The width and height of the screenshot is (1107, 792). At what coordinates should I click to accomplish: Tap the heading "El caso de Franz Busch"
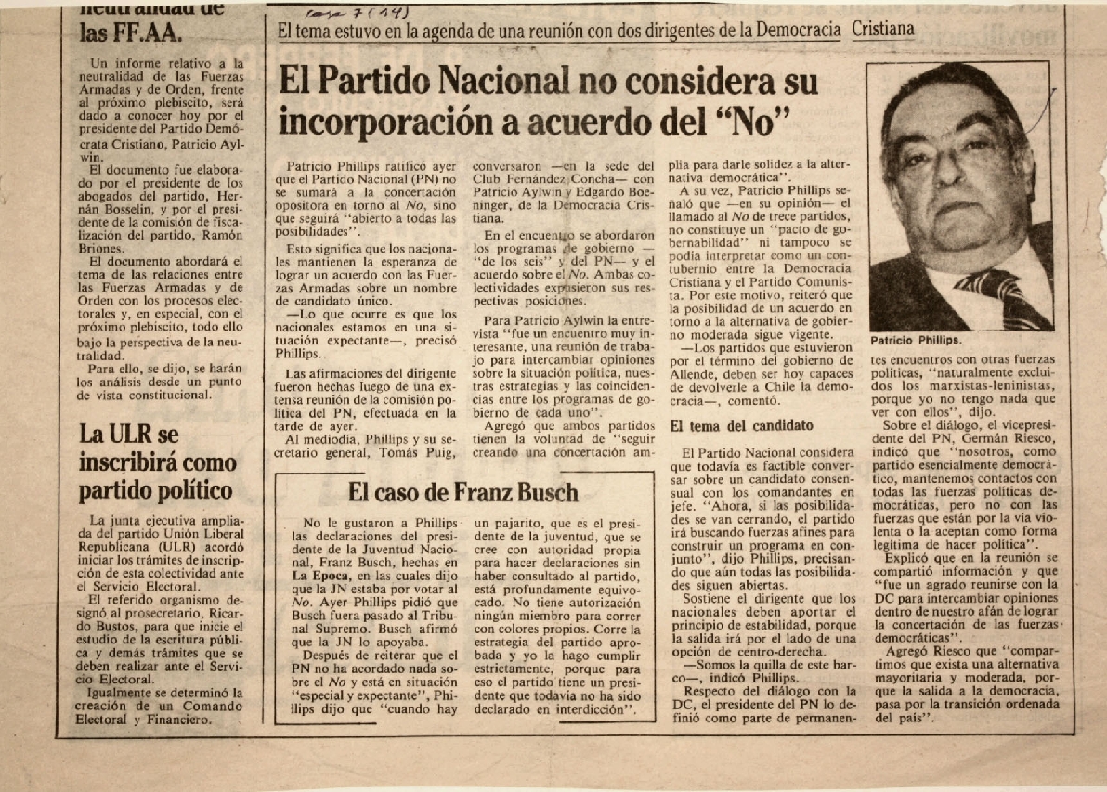tap(462, 492)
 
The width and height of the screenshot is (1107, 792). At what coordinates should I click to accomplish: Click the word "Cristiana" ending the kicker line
tap(882, 30)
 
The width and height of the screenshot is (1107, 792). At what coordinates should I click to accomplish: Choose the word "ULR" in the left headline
tap(131, 433)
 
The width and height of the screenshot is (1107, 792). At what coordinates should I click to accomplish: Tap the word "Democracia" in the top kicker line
tap(799, 30)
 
